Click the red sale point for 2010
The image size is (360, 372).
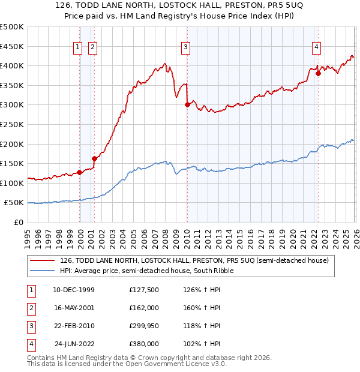coord(187,104)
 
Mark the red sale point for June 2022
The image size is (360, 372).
coord(318,73)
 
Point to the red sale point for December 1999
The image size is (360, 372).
coord(80,172)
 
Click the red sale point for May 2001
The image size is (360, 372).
coord(94,158)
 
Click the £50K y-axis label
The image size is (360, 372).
coord(14,203)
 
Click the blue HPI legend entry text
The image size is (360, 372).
coord(146,271)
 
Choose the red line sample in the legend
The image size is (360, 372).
coord(42,260)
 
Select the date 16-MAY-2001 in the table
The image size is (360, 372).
coord(74,307)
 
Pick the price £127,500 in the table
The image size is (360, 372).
coord(145,289)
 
